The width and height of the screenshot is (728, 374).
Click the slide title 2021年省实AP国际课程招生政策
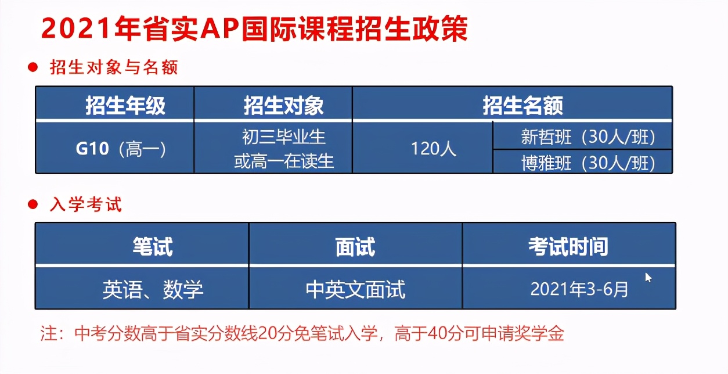[254, 28]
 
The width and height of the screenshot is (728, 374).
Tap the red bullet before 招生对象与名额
[33, 67]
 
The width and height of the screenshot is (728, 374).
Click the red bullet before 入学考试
[33, 204]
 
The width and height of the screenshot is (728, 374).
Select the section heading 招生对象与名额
[114, 67]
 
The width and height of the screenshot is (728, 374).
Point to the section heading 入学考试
[86, 204]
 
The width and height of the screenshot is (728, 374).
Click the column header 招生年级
[125, 105]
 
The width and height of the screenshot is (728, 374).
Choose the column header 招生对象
[284, 105]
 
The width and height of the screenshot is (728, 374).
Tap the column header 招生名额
[522, 105]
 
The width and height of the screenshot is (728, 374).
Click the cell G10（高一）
[121, 149]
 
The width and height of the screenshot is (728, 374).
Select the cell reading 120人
[434, 149]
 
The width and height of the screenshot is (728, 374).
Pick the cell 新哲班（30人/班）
[588, 137]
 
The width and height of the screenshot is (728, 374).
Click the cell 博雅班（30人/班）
[588, 163]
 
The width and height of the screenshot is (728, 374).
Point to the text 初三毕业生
[284, 136]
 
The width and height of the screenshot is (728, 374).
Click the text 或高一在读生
[284, 161]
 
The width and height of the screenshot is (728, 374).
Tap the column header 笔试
[153, 246]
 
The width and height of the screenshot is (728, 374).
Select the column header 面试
[355, 246]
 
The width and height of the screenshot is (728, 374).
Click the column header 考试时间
[568, 246]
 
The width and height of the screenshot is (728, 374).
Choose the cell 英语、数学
[153, 289]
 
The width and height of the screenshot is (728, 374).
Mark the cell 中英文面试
[355, 289]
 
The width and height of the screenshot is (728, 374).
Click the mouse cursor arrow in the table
[648, 278]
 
